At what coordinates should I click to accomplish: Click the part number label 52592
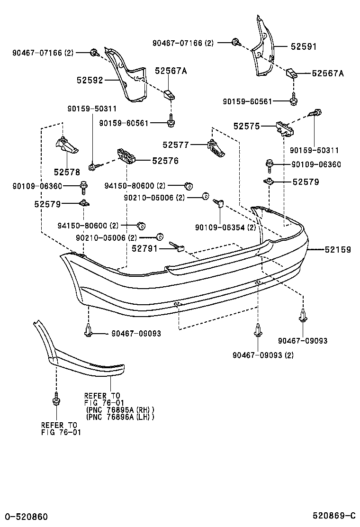(90, 81)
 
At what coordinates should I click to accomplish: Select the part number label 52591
(303, 47)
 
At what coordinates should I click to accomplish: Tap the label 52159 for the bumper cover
(338, 249)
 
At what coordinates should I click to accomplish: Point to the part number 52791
(144, 248)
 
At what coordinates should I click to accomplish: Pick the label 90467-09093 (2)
(263, 355)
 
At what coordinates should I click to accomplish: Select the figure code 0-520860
(26, 516)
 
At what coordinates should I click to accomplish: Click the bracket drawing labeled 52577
(216, 148)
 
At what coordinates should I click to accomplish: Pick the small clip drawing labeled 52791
(178, 247)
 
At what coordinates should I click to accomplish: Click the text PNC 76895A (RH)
(120, 410)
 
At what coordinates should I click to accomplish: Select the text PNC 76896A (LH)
(120, 417)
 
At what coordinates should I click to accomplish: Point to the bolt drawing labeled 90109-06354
(219, 204)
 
